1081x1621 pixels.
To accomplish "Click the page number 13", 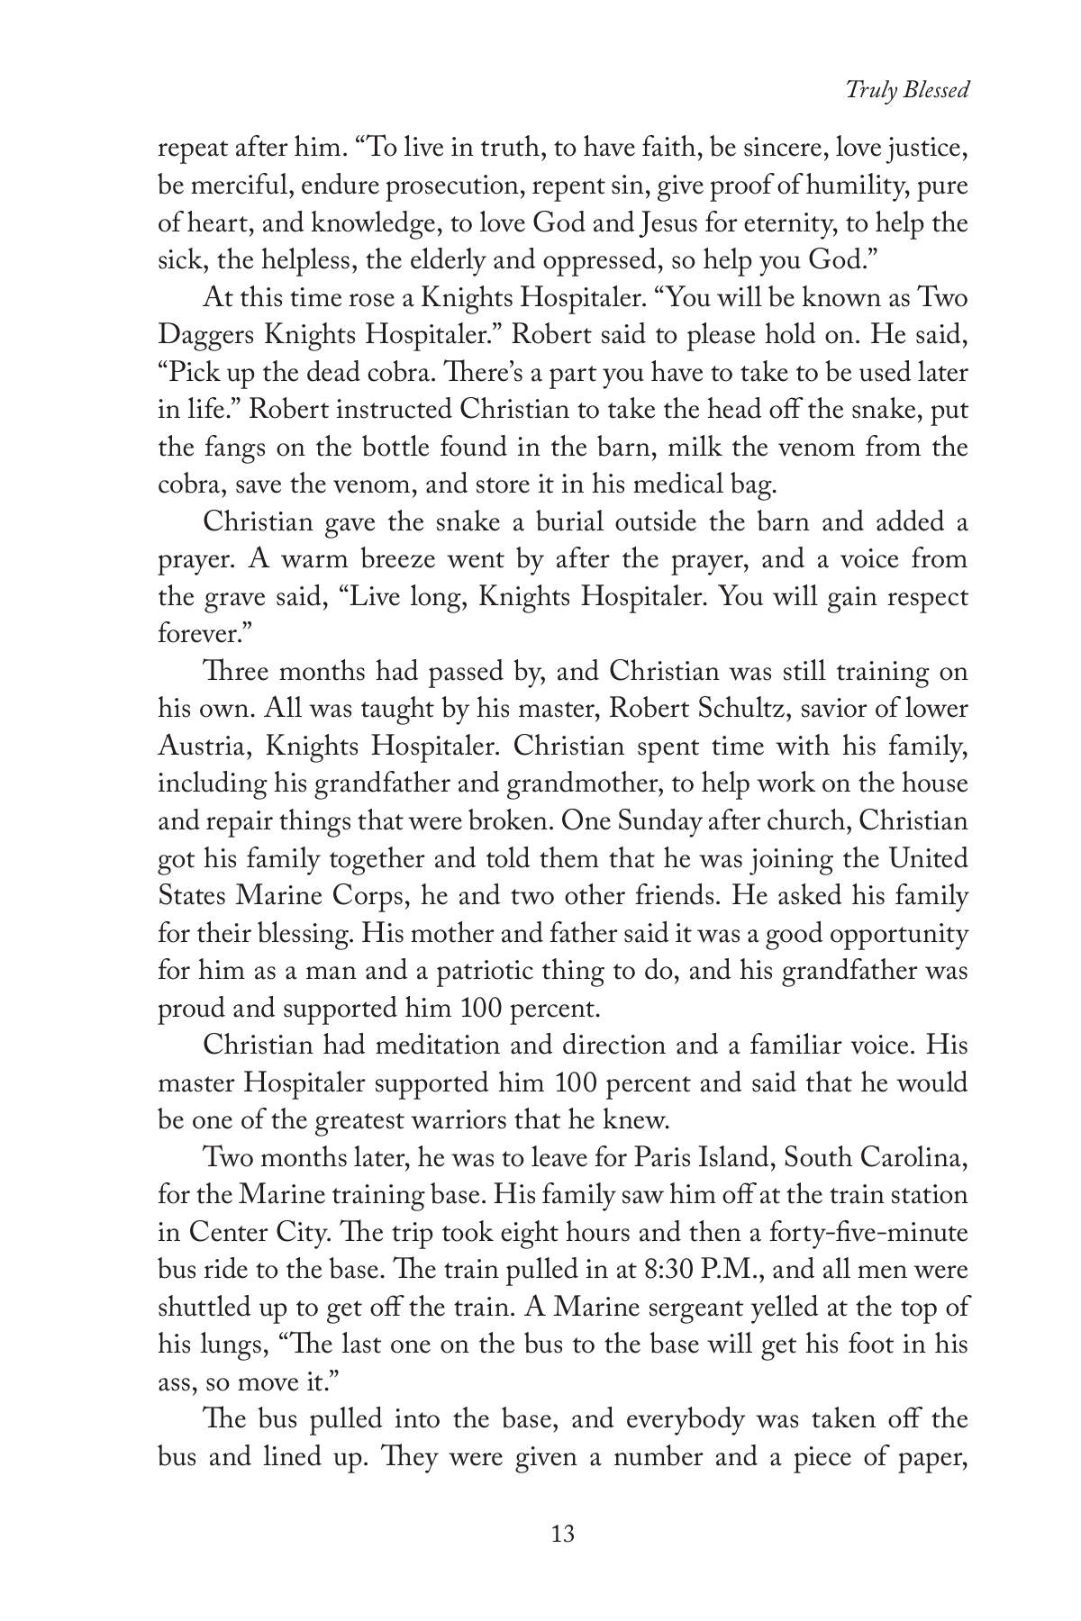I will point(562,1533).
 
